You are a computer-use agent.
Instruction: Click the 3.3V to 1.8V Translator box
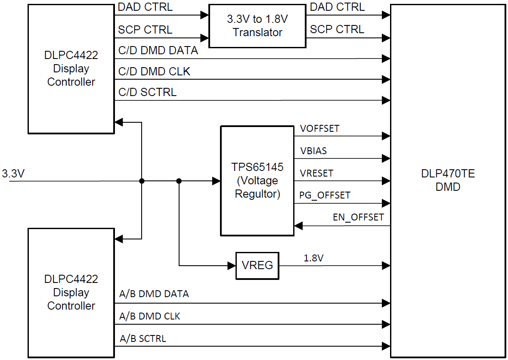pos(257,26)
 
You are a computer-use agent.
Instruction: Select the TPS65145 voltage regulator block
pos(257,181)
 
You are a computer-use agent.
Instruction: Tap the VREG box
pos(257,265)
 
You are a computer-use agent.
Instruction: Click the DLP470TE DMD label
pos(448,180)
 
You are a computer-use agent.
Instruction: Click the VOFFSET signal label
pos(319,129)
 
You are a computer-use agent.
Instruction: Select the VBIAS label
pos(313,151)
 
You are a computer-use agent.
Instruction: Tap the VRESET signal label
pos(316,174)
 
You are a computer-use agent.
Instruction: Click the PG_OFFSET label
pos(325,196)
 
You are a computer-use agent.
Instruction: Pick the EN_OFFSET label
pos(358,217)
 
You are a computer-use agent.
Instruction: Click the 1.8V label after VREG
pos(313,258)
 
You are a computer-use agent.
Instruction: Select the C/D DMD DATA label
pos(158,50)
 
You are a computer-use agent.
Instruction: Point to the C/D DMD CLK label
pos(154,71)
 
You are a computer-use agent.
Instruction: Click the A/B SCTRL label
pos(142,338)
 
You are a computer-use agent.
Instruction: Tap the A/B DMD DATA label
pos(154,294)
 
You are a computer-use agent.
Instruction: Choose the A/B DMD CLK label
pos(149,317)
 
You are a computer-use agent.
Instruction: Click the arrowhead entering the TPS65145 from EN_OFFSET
pos(298,226)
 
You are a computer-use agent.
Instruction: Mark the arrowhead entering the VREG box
pos(232,266)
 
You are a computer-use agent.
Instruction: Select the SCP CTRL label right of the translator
pos(337,29)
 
